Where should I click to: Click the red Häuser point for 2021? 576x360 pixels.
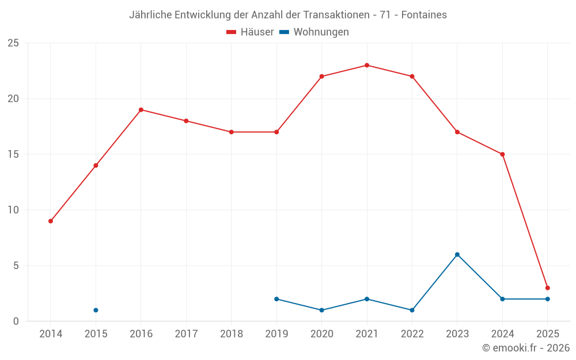point(367,65)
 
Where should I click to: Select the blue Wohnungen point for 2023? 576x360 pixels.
point(457,255)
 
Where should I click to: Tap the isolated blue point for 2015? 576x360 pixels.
point(96,310)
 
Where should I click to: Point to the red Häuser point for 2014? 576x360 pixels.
point(51,221)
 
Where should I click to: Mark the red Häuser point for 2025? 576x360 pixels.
point(547,288)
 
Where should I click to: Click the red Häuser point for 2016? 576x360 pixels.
point(141,109)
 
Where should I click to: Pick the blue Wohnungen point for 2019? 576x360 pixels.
point(276,299)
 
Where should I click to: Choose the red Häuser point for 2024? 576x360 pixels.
point(502,154)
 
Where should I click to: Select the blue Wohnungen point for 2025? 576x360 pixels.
point(547,299)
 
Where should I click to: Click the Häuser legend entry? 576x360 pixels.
point(250,32)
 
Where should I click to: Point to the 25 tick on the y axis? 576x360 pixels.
point(13,43)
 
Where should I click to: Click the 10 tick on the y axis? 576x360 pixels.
point(13,210)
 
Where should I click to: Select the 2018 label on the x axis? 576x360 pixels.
point(231,334)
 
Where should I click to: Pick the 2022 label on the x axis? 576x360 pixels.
point(412,334)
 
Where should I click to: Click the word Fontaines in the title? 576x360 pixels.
point(425,15)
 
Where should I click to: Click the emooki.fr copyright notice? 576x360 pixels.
point(525,348)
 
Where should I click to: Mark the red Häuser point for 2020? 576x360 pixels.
point(321,77)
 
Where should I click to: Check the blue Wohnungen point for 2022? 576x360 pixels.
point(412,310)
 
